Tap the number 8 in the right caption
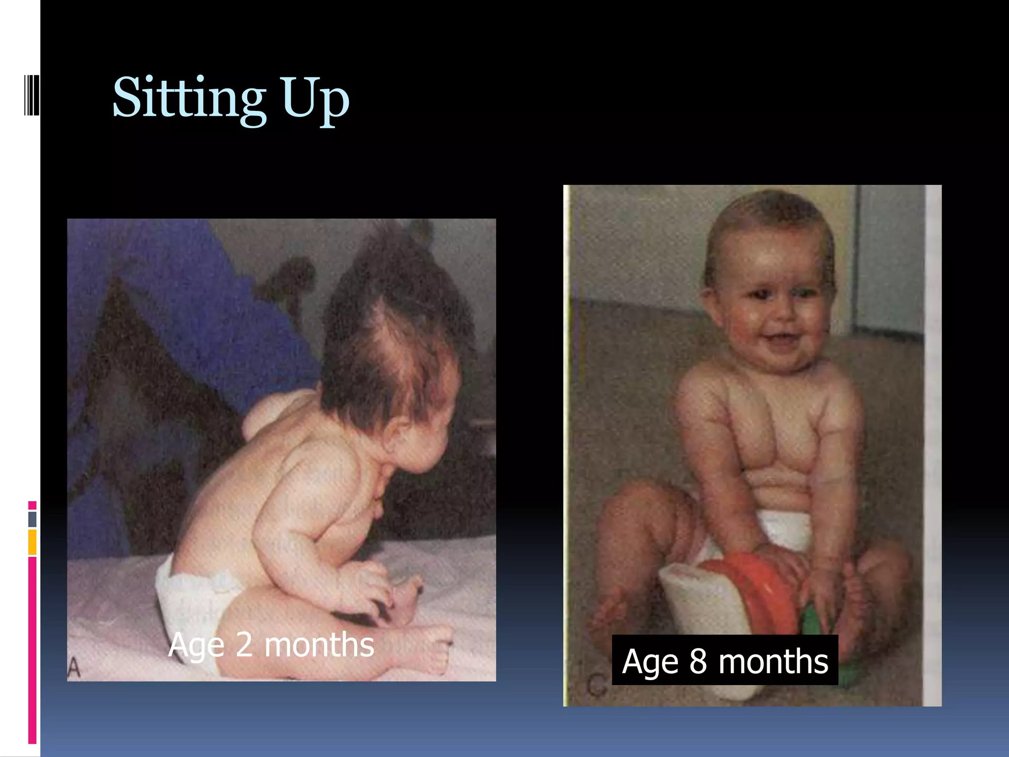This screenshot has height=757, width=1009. tap(698, 661)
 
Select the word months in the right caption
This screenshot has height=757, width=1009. tap(774, 661)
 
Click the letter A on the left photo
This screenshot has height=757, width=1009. tap(73, 669)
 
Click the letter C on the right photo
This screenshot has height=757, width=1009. tap(597, 686)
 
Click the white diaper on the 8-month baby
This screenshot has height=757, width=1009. tap(783, 530)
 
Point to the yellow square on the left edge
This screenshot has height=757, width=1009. tap(33, 542)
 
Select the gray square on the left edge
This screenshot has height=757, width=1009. tap(33, 519)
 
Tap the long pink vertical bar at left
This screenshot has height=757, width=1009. tap(33, 651)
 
